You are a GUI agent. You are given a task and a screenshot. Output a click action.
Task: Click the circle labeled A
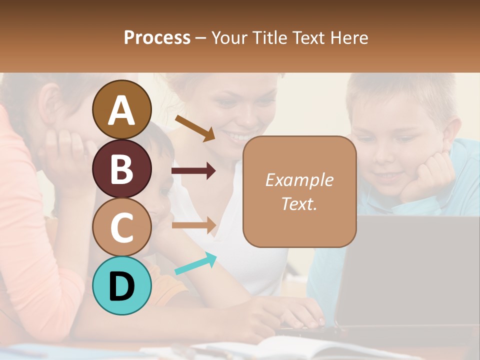(x=121, y=109)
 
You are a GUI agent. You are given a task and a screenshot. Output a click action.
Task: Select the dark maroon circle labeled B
(x=121, y=168)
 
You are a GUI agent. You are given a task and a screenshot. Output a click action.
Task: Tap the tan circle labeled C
(x=121, y=227)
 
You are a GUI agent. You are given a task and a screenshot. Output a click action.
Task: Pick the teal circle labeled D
(x=121, y=286)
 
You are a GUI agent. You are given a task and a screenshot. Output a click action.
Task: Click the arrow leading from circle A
(x=195, y=128)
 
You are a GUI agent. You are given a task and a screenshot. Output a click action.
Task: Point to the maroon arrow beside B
(x=193, y=171)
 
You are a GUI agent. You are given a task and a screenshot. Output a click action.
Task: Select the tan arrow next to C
(x=193, y=225)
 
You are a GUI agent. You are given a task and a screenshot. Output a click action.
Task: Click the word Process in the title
(x=157, y=37)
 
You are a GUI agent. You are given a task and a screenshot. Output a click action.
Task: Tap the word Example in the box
(x=299, y=180)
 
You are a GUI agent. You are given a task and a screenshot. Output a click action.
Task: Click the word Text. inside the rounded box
(x=299, y=203)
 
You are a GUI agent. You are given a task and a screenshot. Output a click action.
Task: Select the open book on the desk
(x=280, y=347)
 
